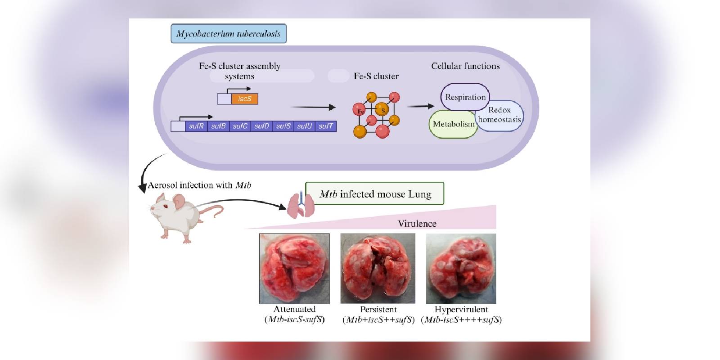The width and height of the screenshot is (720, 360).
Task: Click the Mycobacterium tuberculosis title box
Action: coord(228,34)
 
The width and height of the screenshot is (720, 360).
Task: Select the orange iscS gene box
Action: coord(245,99)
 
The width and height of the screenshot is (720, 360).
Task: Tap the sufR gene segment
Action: coord(196,126)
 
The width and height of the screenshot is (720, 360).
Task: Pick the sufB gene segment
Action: coord(218,126)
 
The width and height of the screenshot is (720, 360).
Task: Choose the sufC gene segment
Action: coord(240,126)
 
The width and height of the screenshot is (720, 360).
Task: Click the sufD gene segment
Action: coord(261,126)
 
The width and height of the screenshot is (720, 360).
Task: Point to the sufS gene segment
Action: coord(283,126)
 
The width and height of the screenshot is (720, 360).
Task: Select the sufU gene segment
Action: coord(304,126)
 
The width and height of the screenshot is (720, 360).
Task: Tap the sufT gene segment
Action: coord(326,126)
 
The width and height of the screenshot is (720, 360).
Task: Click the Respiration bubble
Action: coord(465,97)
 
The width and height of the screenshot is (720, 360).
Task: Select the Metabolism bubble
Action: coord(453,124)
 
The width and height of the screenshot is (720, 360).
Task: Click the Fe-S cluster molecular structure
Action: coord(376,115)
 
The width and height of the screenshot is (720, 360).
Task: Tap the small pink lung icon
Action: coord(301,205)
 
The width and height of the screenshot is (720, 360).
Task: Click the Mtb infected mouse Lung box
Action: coord(375,193)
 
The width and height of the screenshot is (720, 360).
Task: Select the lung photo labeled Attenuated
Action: coord(294,268)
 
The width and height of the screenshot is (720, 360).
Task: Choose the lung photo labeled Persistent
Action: coord(378,268)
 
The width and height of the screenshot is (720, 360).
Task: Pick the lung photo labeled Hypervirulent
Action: coord(461,268)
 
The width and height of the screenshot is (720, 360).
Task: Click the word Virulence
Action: coord(417,224)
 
